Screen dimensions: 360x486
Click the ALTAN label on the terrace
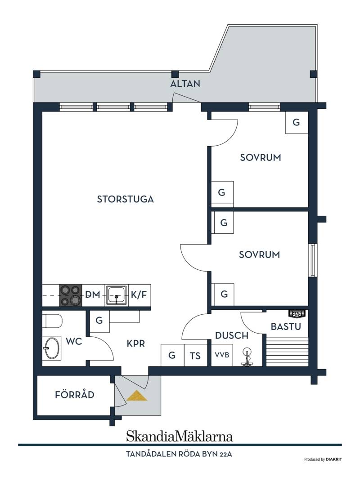coord(185,84)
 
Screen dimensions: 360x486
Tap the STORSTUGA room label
coord(126,199)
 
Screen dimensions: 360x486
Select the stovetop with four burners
coord(71,295)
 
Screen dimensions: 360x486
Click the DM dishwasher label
coord(93,294)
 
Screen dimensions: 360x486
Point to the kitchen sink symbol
coord(117,295)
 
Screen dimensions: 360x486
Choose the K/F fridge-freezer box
coord(139,295)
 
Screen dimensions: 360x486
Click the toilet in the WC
coord(52,321)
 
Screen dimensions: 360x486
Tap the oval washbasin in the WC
coord(51,348)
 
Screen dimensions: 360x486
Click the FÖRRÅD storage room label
coord(75,395)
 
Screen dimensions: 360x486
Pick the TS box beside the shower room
coord(195,355)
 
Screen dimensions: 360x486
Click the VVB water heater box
coord(222,355)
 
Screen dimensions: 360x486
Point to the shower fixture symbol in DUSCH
coord(247,357)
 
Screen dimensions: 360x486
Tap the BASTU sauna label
coord(286,326)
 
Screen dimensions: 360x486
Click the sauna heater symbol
coord(297,314)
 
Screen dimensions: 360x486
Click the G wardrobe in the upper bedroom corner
coord(297,122)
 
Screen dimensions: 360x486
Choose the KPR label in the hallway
coord(136,343)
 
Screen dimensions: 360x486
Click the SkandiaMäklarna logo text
coord(180,436)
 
